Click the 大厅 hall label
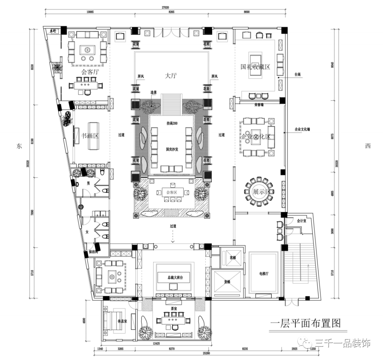pos(171,76)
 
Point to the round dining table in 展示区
pos(259,192)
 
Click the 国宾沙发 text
pos(172,150)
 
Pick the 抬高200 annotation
pos(172,123)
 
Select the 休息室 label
pos(123,321)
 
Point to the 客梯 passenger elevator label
pos(232,258)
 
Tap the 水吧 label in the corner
pos(53,31)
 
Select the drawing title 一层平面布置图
pos(305,323)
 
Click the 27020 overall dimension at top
pos(166,6)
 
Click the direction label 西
pos(368,146)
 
